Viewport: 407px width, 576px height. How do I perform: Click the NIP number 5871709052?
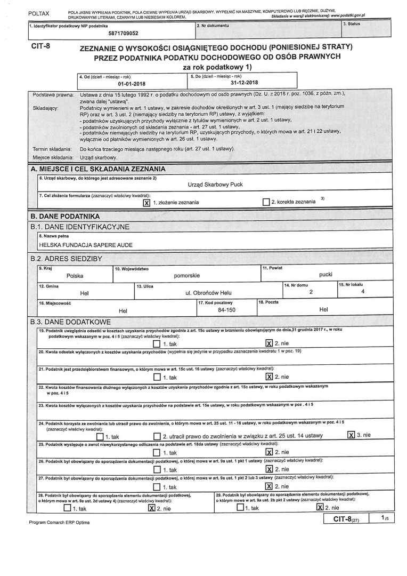pos(124,33)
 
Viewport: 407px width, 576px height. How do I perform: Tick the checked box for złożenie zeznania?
pos(147,203)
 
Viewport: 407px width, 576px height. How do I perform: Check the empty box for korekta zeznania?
pos(266,202)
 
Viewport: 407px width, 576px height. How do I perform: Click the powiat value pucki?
pos(325,274)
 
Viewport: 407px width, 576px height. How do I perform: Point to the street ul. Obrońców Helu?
pos(208,293)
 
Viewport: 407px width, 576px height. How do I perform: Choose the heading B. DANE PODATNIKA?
pos(65,217)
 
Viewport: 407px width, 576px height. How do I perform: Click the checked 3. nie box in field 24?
pos(351,435)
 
